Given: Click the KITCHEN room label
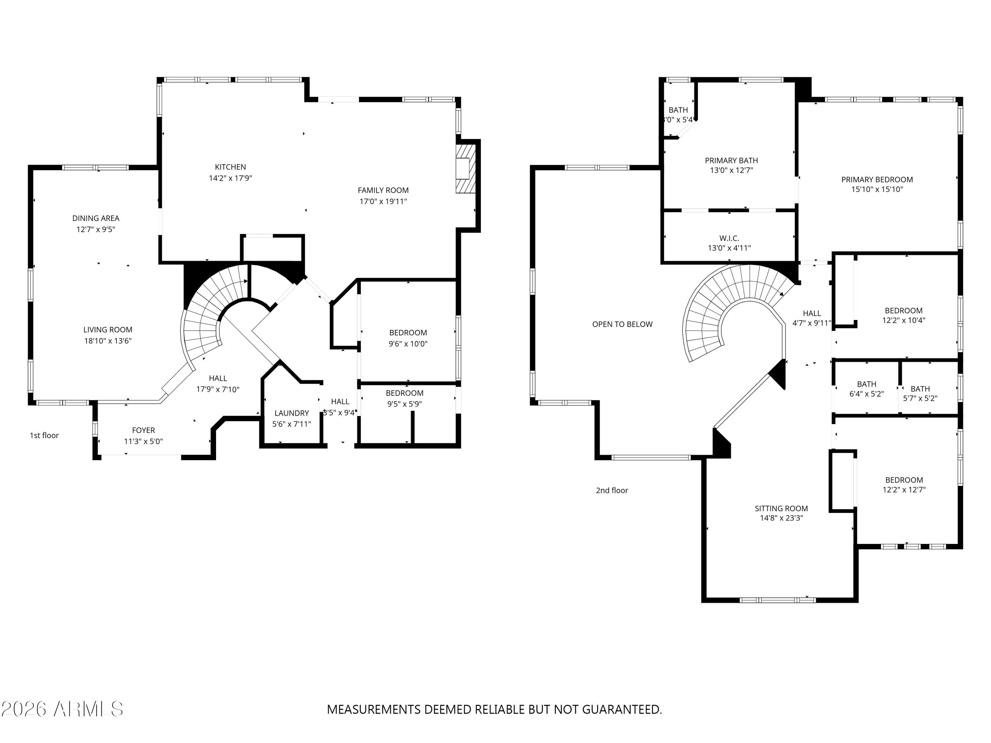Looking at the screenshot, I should pyautogui.click(x=230, y=167).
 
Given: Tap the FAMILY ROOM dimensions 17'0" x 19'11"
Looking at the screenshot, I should pyautogui.click(x=383, y=201).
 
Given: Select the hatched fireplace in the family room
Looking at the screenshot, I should pyautogui.click(x=465, y=168).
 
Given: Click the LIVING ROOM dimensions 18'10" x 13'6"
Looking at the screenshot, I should pyautogui.click(x=108, y=341).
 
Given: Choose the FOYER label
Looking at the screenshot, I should pyautogui.click(x=143, y=430).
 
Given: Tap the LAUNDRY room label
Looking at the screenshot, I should pyautogui.click(x=292, y=413).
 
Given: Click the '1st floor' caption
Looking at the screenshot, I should pyautogui.click(x=44, y=435).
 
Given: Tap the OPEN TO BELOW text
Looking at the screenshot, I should pyautogui.click(x=622, y=324).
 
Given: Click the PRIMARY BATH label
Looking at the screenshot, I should pyautogui.click(x=731, y=160).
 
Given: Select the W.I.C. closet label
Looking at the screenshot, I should pyautogui.click(x=729, y=238).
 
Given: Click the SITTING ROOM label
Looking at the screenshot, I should pyautogui.click(x=781, y=508).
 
